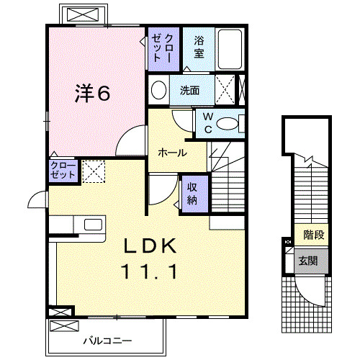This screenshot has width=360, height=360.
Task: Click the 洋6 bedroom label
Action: click(94, 93)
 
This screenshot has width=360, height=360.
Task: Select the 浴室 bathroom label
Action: click(198, 48)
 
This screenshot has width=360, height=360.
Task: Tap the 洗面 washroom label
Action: click(190, 91)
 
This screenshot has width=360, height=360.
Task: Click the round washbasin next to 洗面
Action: click(159, 90)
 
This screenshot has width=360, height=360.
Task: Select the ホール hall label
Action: click(174, 153)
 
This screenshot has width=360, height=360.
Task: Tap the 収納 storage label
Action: click(194, 193)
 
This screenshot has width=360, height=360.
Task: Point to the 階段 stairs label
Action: click(313, 235)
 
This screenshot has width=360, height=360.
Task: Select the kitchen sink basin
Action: click(94, 223)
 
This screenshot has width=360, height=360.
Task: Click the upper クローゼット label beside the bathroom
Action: click(163, 48)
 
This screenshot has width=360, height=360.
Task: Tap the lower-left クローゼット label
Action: click(62, 171)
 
